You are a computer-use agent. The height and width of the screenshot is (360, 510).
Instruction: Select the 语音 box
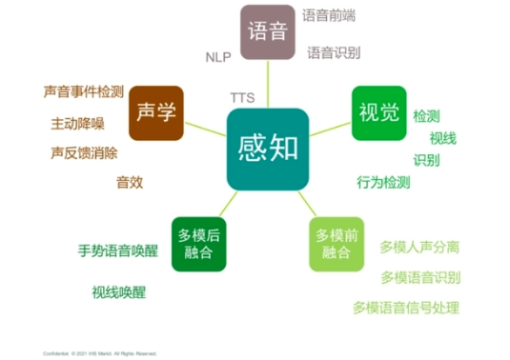(268, 31)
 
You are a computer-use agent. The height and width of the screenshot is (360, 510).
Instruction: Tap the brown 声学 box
(155, 113)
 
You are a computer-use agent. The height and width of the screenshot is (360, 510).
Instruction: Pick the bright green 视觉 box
(378, 113)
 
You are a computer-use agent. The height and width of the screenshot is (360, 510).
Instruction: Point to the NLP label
(218, 57)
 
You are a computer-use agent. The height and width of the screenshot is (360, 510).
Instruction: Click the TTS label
(242, 98)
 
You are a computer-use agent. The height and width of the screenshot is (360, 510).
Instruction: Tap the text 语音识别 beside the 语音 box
(334, 54)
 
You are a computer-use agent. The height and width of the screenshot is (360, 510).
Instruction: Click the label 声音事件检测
(84, 91)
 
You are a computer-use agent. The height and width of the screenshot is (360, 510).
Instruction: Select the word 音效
(130, 182)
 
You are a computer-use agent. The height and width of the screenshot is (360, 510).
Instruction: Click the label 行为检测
(383, 182)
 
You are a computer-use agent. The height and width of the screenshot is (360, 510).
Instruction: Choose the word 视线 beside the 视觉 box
(442, 138)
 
